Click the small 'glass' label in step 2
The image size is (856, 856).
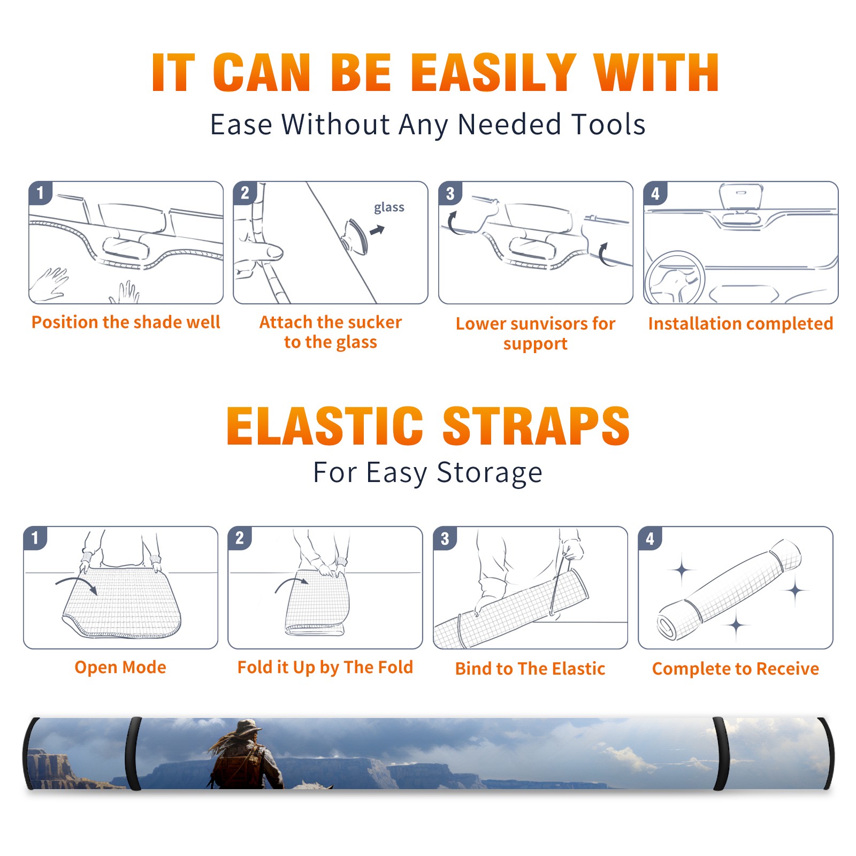(389, 208)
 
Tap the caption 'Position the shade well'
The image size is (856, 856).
(126, 322)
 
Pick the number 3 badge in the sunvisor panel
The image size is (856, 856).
(450, 193)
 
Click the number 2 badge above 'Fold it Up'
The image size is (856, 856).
(240, 538)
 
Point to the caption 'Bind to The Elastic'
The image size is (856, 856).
(530, 669)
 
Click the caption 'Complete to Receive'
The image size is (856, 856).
(736, 669)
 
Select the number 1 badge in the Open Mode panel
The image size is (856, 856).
(35, 538)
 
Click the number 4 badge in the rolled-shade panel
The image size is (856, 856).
(650, 538)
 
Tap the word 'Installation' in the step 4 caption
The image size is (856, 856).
(692, 324)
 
